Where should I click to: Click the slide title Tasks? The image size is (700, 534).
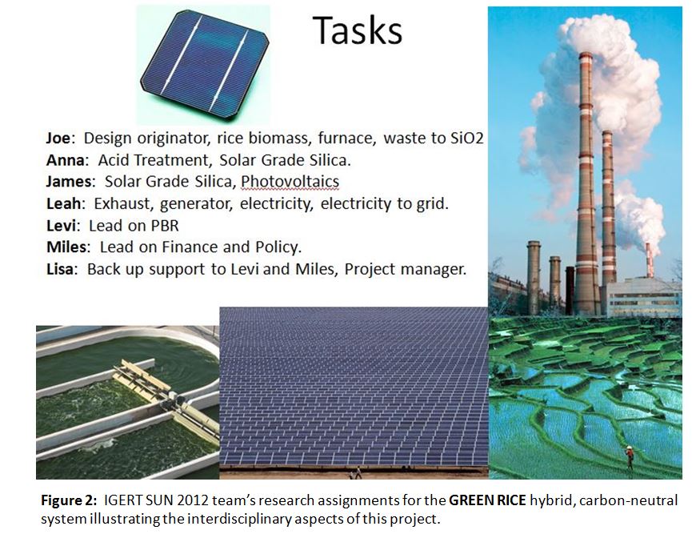pyautogui.click(x=357, y=30)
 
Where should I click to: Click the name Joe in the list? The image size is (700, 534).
pyautogui.click(x=58, y=138)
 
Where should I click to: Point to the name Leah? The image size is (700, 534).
pyautogui.click(x=64, y=204)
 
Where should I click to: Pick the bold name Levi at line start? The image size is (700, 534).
pyautogui.click(x=61, y=226)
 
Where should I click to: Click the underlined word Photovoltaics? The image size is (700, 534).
pyautogui.click(x=290, y=182)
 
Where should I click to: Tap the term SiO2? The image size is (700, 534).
pyautogui.click(x=467, y=138)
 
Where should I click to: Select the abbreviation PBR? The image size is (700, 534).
pyautogui.click(x=165, y=226)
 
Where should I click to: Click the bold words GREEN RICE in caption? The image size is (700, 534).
pyautogui.click(x=487, y=500)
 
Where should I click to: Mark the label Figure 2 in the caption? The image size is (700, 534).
pyautogui.click(x=68, y=500)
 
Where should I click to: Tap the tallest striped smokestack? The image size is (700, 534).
pyautogui.click(x=586, y=183)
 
